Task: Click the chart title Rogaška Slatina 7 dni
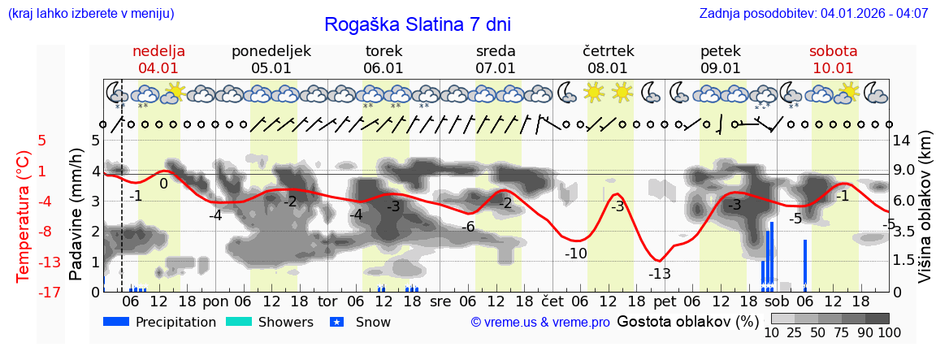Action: pos(418,24)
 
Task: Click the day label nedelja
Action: pos(159,51)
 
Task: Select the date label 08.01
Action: pos(608,68)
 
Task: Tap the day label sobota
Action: pos(833,51)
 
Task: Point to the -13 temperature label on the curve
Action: pos(660,274)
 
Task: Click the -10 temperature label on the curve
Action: pos(576,254)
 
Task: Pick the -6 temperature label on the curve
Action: pos(467,227)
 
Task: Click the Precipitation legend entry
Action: pos(160,322)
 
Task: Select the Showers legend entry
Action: pos(270,322)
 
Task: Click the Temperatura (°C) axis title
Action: pos(24,216)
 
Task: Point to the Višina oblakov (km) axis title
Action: pos(925,216)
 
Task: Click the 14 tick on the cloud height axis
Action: pos(901,140)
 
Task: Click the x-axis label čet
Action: pos(552,301)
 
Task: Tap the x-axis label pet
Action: pos(664,301)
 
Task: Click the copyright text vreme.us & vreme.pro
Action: pos(540,323)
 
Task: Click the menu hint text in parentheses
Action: pos(91,14)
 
